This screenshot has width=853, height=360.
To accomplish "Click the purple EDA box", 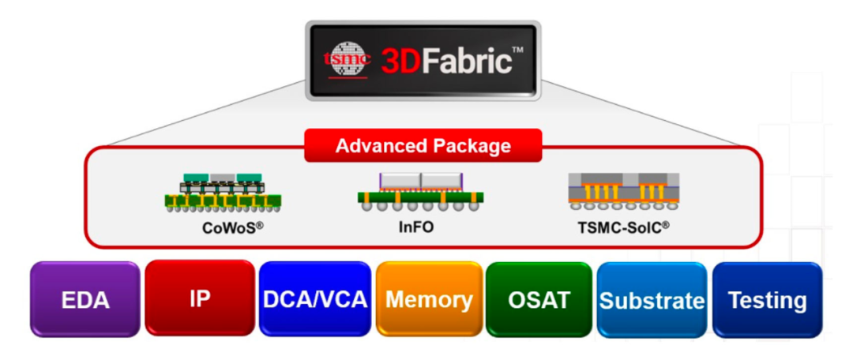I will coord(85,300).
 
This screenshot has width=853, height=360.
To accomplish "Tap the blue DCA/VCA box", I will coord(314,300).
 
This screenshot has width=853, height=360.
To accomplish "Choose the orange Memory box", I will coord(429,300).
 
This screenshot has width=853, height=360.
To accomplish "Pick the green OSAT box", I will coord(539,300).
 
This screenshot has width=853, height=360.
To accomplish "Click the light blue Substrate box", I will coord(652,301).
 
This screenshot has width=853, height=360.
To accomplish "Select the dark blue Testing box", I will coord(767,300).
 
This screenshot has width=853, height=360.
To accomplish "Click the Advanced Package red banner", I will coord(423,146).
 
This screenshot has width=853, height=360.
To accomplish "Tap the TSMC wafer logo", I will coord(348,60).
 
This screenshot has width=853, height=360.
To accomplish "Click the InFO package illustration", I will coord(420,192).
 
